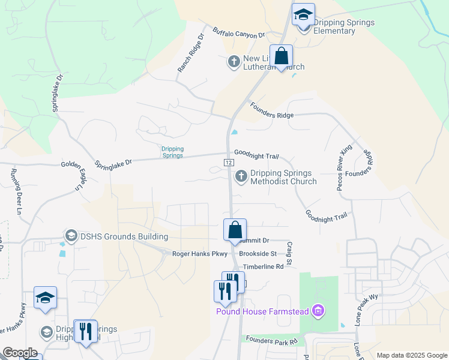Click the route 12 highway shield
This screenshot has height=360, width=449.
(x=229, y=163)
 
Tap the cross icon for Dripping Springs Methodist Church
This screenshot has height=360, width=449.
(x=241, y=176)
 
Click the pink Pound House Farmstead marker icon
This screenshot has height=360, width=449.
(x=319, y=310)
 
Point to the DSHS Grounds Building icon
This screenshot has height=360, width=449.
(x=71, y=236)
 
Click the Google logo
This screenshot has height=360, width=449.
(x=20, y=353)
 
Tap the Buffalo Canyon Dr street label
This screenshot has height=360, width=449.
(x=239, y=32)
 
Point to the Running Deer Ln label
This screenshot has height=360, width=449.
(x=15, y=193)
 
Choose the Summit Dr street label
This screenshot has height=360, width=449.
(x=258, y=240)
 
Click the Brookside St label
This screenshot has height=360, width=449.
(x=258, y=254)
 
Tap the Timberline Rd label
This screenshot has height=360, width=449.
(x=261, y=266)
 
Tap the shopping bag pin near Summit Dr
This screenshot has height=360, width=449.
(x=235, y=230)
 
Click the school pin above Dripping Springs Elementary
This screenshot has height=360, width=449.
(x=303, y=15)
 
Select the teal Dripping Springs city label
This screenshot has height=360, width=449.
(x=172, y=152)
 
